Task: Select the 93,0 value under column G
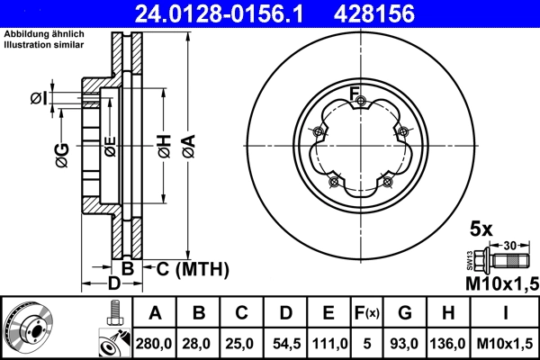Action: (x=407, y=342)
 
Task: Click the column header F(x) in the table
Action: (x=367, y=313)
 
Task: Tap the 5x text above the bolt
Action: (x=481, y=229)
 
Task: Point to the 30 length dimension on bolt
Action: (x=508, y=245)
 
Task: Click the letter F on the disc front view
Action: (x=354, y=92)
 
